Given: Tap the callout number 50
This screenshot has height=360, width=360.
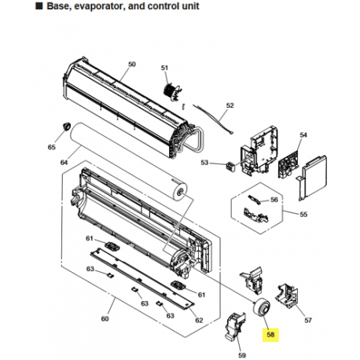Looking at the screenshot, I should point(132,64).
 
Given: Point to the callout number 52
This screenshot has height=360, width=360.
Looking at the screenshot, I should point(230,105).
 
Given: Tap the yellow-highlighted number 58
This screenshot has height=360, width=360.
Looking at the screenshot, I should point(271,332).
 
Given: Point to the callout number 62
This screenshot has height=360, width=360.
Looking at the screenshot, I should point(199,319).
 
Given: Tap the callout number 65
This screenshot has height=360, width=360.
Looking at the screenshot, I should point(52,147).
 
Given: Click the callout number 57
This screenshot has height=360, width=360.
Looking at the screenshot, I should point(308,320).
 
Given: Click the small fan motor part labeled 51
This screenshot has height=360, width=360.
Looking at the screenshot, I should point(167,89).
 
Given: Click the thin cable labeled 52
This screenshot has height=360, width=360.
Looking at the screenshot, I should point(208,119).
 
